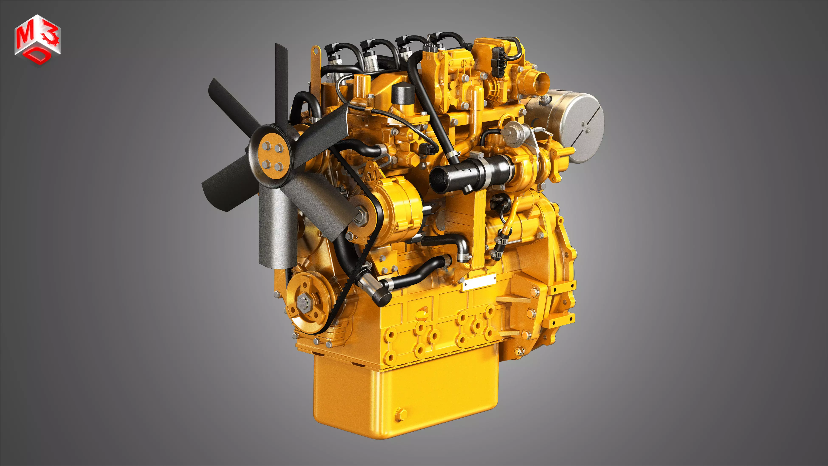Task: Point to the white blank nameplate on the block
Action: (478, 283)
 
